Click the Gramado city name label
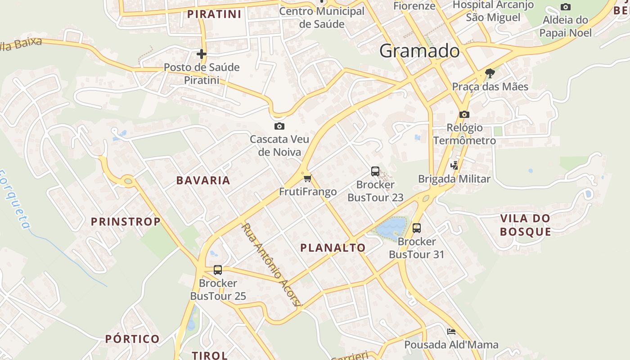419,51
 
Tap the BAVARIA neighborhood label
203,180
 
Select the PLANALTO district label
333,247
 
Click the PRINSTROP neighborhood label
126,221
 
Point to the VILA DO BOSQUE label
525,225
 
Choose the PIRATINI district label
214,14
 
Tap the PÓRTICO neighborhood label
132,339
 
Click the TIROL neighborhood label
210,355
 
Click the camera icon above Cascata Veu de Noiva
279,126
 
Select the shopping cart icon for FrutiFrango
307,179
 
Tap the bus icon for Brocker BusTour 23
375,171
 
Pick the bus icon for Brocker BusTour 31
417,228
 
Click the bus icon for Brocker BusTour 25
218,270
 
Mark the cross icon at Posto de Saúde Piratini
202,54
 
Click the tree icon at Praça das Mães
490,73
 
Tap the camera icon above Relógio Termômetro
464,115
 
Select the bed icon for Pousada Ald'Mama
451,332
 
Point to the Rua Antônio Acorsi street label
271,265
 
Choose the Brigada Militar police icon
454,165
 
